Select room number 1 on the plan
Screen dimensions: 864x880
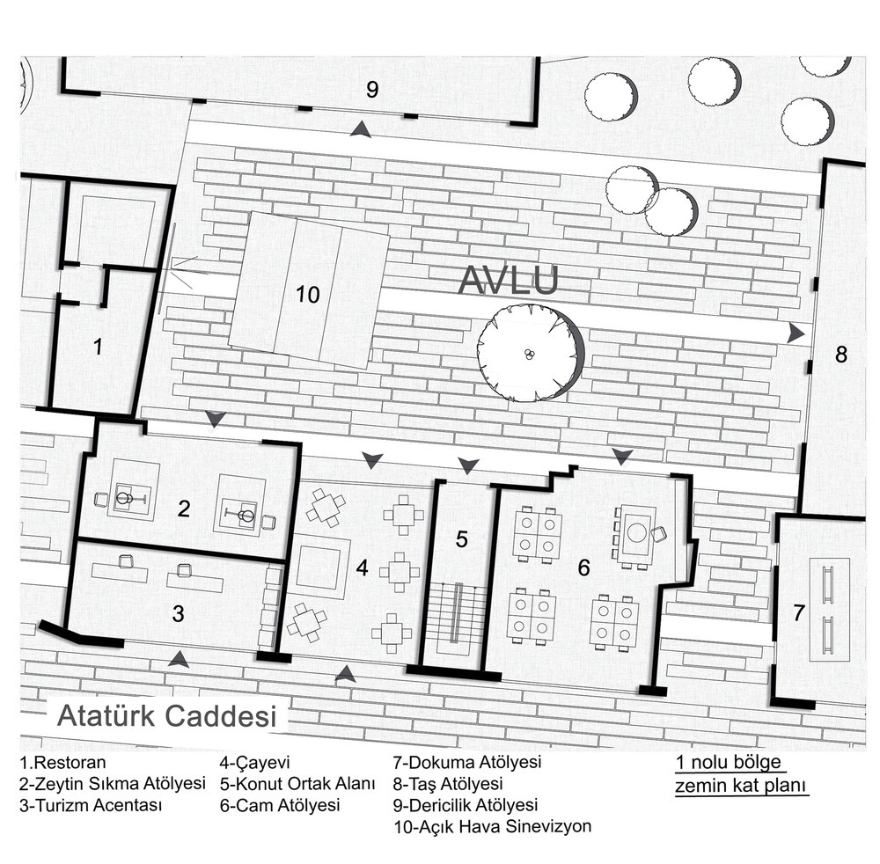coord(98,347)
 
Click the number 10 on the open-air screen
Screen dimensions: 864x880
coord(307,295)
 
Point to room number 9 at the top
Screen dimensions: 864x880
coord(371,88)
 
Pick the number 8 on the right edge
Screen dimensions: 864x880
coord(840,355)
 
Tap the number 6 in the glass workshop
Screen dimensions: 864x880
coord(583,567)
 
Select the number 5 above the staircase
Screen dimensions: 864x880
coord(461,539)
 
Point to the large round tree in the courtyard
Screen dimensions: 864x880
coord(530,352)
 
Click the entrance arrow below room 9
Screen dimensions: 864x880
coord(360,130)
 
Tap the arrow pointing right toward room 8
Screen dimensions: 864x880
coord(796,333)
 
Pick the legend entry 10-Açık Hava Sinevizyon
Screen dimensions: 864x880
coord(493,826)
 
